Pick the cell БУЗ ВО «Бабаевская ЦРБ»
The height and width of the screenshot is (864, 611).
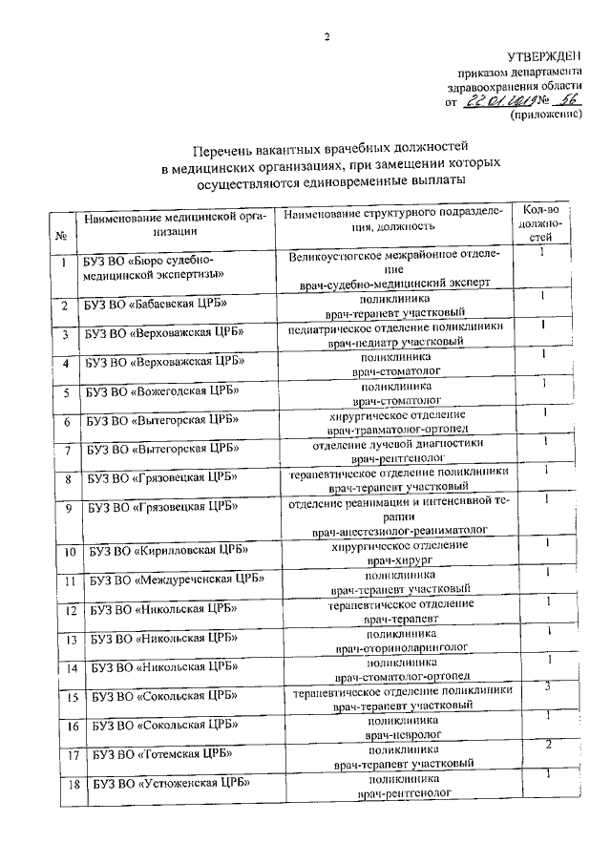153,306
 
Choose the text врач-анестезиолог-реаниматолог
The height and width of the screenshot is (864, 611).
399,529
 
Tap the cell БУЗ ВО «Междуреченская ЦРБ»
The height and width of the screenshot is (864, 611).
177,580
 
